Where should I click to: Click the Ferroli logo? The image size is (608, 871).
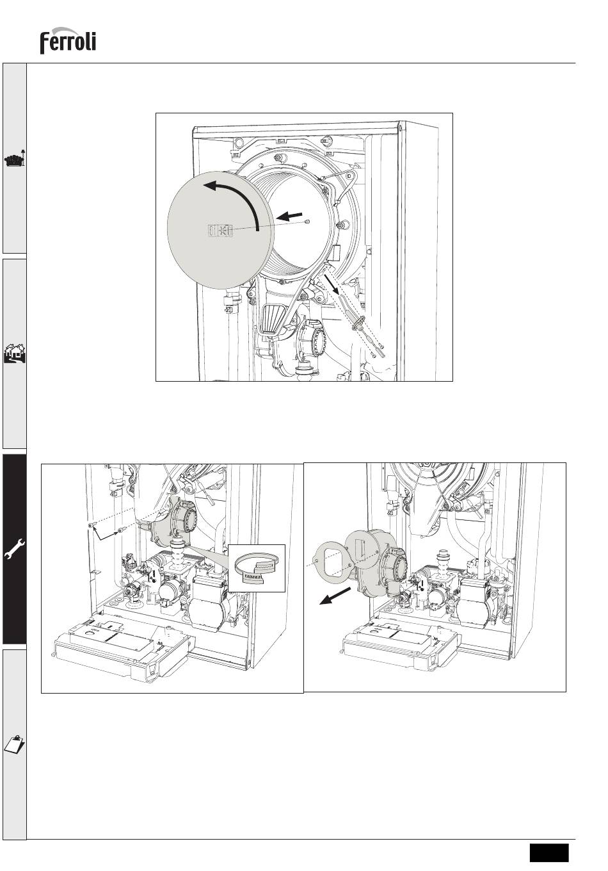(x=68, y=40)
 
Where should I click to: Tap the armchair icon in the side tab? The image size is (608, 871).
(x=15, y=159)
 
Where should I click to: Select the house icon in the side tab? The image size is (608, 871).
(x=15, y=353)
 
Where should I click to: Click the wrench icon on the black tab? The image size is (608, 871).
(x=15, y=549)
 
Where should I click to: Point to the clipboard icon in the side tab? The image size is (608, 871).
(x=15, y=744)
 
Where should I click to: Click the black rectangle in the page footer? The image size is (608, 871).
(x=549, y=852)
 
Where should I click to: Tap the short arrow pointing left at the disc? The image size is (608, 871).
(x=289, y=216)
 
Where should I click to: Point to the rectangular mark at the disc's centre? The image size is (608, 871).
(x=220, y=231)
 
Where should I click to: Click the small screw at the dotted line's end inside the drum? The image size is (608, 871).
(x=307, y=222)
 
